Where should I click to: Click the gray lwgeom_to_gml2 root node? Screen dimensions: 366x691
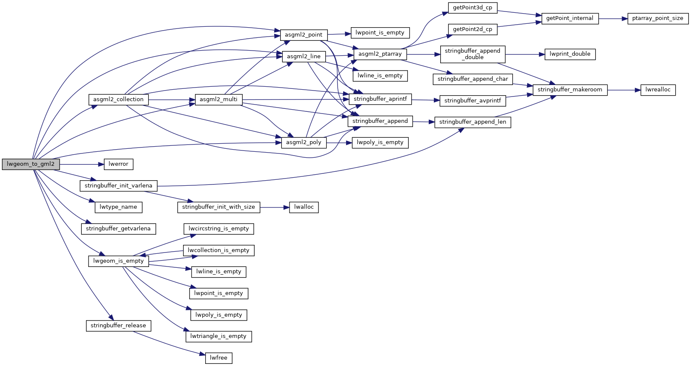[31, 164]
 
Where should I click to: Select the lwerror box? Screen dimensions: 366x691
[118, 164]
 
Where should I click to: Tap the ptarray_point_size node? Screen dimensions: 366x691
[657, 19]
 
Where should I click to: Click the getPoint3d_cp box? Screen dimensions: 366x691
[472, 8]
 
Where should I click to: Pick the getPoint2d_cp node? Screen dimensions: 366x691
[472, 29]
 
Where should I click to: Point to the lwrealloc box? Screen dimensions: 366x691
[658, 90]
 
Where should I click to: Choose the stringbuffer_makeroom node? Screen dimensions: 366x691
[570, 90]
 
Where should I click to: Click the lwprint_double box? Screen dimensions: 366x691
[570, 54]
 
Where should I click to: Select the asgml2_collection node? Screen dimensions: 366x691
[118, 100]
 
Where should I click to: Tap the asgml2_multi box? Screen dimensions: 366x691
[218, 100]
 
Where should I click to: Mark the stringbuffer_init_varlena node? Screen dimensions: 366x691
[118, 186]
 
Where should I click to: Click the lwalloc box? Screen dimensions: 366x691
[304, 207]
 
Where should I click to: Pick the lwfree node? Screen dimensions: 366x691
[218, 358]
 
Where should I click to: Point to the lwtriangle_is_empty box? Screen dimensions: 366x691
[218, 336]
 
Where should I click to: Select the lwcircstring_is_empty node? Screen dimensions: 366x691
[218, 229]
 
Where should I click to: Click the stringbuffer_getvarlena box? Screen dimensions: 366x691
[118, 229]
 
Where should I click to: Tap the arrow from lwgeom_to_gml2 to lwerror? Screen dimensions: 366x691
[81, 164]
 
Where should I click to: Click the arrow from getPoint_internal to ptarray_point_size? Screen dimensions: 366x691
[613, 19]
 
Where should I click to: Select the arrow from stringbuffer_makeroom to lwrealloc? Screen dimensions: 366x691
[624, 90]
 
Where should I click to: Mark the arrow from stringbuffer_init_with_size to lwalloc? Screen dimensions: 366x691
[275, 207]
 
